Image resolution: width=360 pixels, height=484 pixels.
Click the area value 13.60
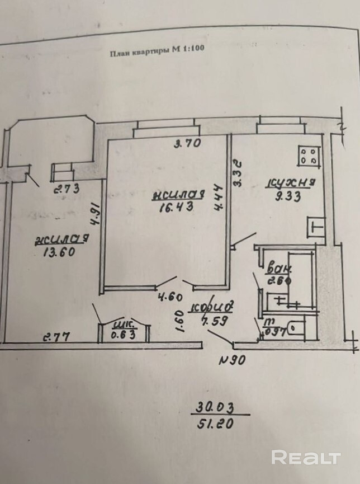click(x=59, y=252)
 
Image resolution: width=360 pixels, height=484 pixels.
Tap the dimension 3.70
click(x=187, y=143)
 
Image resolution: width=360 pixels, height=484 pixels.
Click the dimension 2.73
click(x=66, y=189)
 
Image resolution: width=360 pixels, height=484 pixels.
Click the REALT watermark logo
click(x=306, y=457)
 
